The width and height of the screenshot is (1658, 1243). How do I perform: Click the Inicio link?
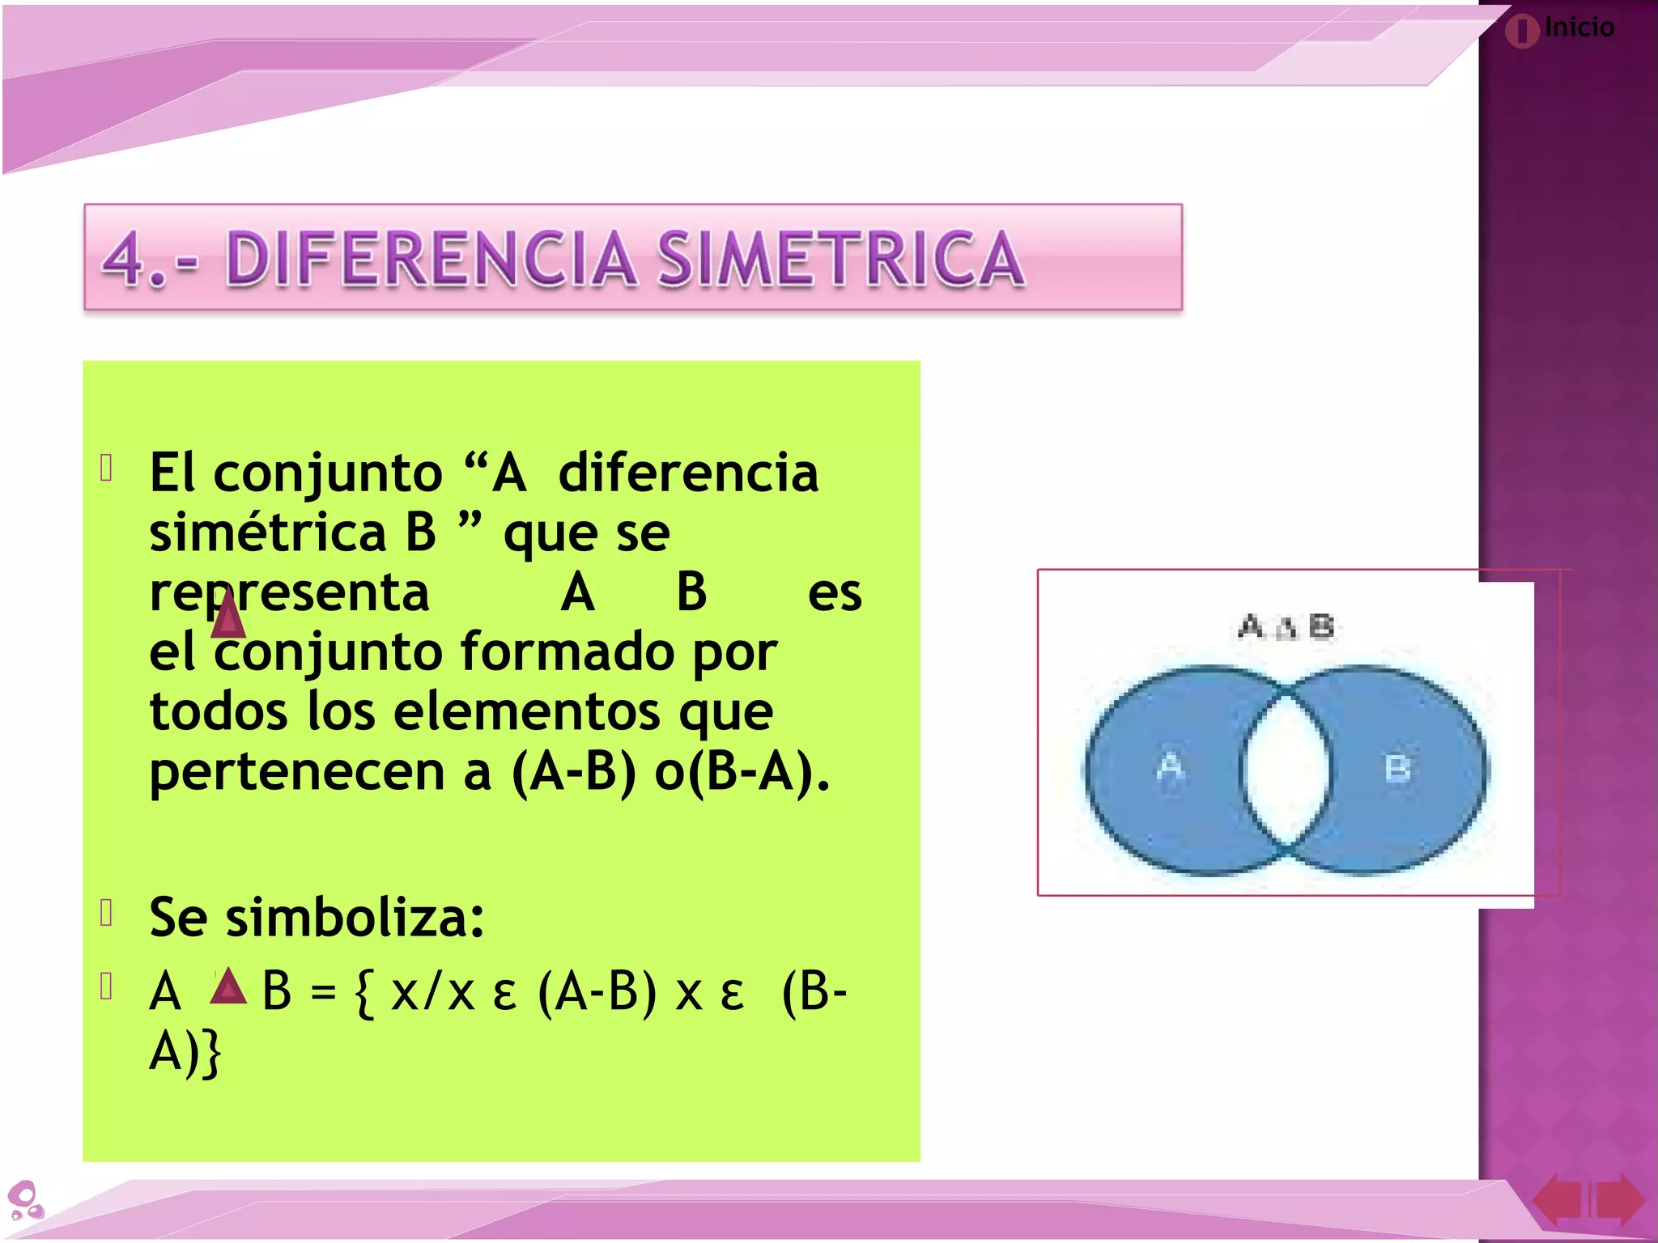tap(1578, 28)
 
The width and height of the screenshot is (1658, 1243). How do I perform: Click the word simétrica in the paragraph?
tap(268, 533)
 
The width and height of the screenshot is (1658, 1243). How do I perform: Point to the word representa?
tap(289, 593)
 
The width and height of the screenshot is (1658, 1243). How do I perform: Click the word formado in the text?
tap(567, 652)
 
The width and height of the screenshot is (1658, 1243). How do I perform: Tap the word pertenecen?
tap(296, 772)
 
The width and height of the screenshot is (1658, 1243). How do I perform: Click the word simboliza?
tap(355, 919)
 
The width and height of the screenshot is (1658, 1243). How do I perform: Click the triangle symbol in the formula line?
tap(228, 987)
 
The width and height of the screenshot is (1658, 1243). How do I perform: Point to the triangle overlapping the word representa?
tap(227, 615)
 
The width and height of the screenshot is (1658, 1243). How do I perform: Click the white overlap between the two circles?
tap(1286, 769)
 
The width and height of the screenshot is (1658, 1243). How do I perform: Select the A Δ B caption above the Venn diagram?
tap(1286, 626)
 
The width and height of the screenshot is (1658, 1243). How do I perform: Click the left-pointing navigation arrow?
tap(1558, 1200)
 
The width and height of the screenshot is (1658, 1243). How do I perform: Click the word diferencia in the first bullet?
tap(688, 473)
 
